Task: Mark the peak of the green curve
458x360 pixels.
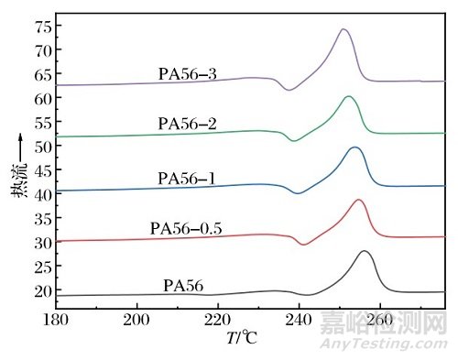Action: pyautogui.click(x=348, y=96)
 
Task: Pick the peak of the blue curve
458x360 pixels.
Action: pyautogui.click(x=354, y=147)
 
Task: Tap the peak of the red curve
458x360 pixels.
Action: pyautogui.click(x=358, y=200)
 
